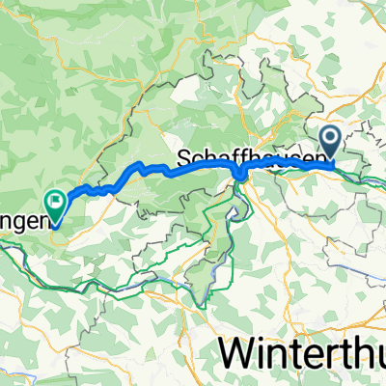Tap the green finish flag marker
55,204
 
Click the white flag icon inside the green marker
55,202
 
